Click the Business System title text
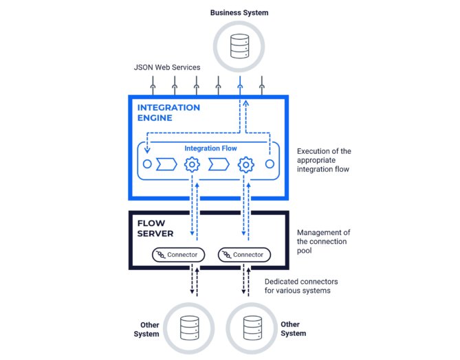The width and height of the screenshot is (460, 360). pyautogui.click(x=239, y=12)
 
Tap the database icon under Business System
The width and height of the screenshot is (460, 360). pyautogui.click(x=240, y=46)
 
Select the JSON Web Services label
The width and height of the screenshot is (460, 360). pyautogui.click(x=167, y=67)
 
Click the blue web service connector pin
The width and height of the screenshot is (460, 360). pyautogui.click(x=240, y=85)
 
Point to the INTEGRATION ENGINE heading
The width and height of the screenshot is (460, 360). pyautogui.click(x=168, y=113)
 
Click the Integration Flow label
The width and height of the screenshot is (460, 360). pyautogui.click(x=210, y=148)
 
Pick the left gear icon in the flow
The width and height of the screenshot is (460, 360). pyautogui.click(x=192, y=164)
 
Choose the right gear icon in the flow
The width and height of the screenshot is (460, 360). pyautogui.click(x=246, y=164)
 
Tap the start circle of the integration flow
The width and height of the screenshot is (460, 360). pyautogui.click(x=147, y=164)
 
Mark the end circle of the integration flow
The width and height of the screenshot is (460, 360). pyautogui.click(x=270, y=164)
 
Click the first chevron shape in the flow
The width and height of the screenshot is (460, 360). pyautogui.click(x=166, y=164)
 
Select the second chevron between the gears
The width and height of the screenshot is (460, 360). pyautogui.click(x=219, y=164)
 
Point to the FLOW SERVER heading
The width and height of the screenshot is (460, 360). pyautogui.click(x=155, y=228)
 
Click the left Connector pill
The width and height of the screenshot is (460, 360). pyautogui.click(x=178, y=255)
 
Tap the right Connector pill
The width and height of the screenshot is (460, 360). pyautogui.click(x=244, y=255)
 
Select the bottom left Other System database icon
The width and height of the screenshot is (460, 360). pyautogui.click(x=189, y=328)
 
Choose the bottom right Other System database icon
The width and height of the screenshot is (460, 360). pyautogui.click(x=252, y=328)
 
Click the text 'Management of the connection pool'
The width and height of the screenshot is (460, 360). pyautogui.click(x=323, y=242)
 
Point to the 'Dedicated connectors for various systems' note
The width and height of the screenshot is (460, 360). pyautogui.click(x=301, y=286)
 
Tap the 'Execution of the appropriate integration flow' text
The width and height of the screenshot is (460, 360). pyautogui.click(x=324, y=160)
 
